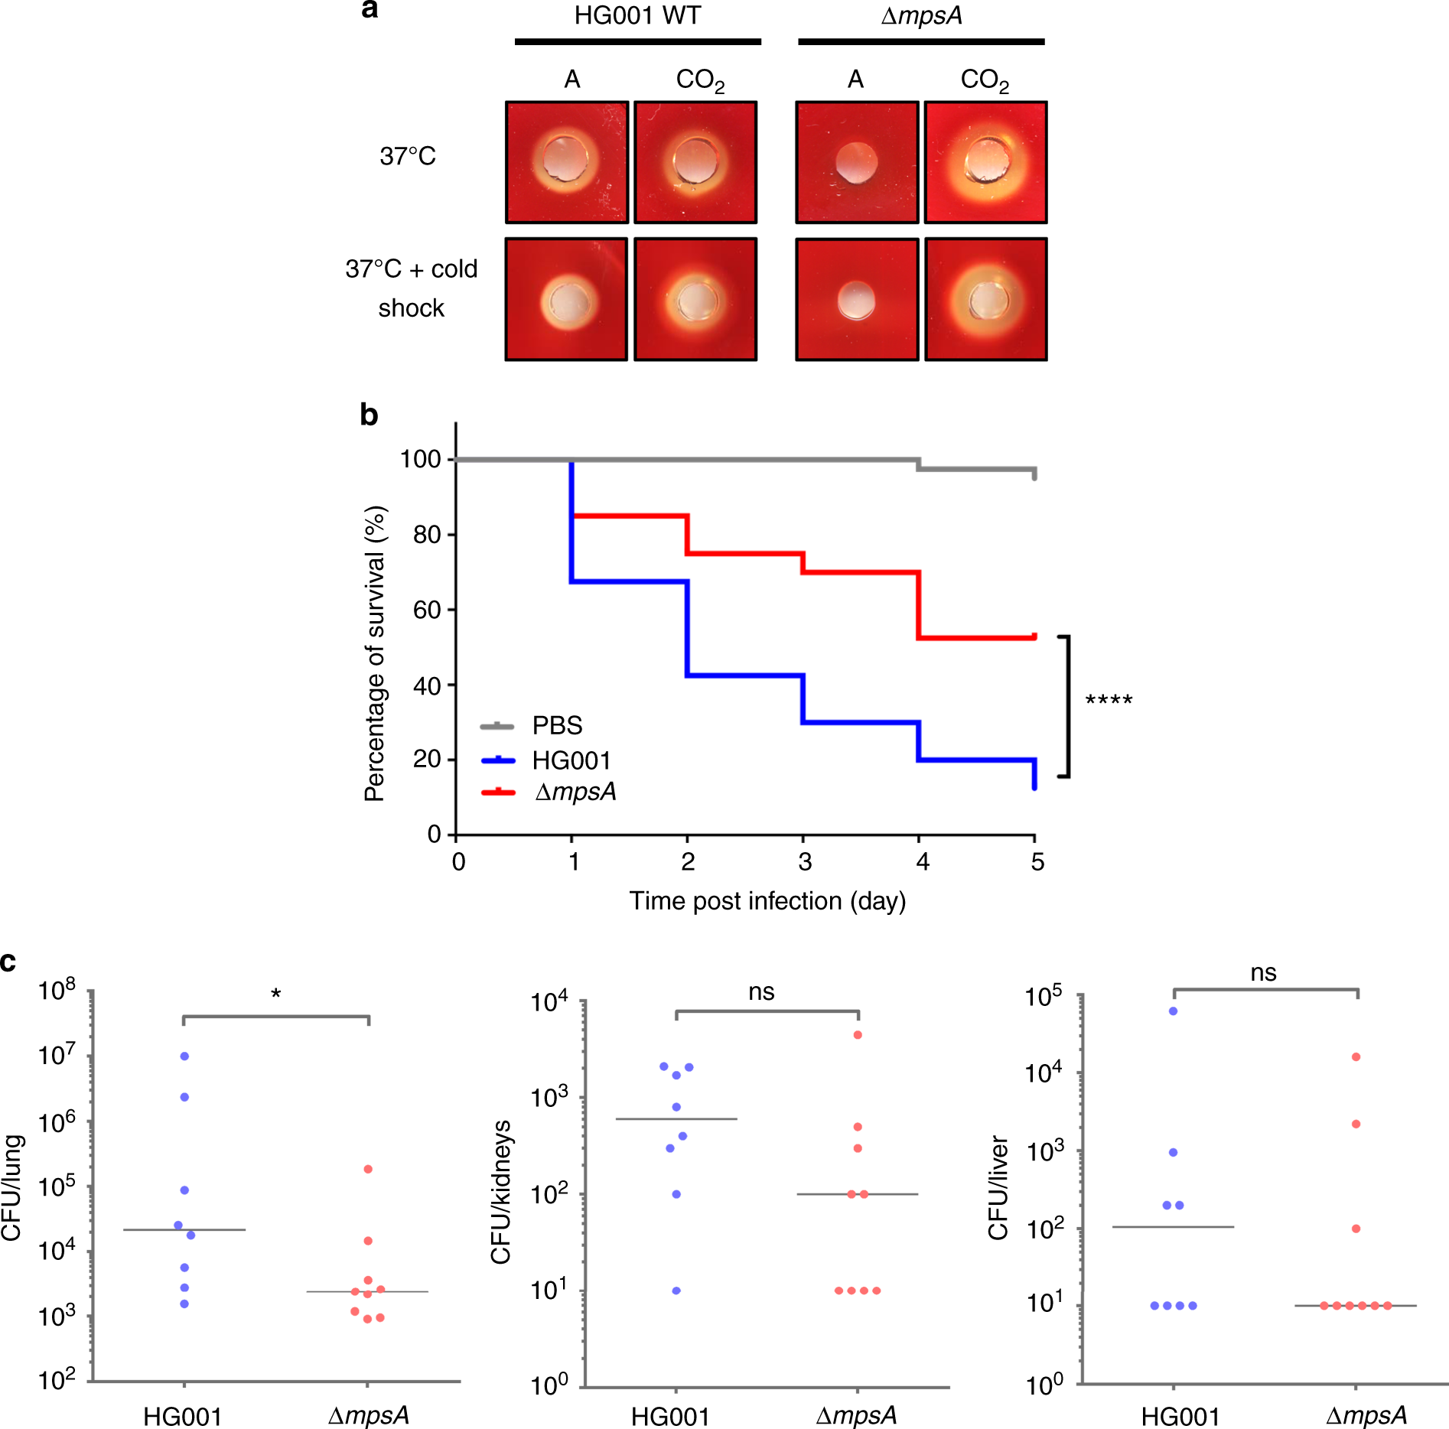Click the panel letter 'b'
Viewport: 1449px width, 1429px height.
pyautogui.click(x=369, y=415)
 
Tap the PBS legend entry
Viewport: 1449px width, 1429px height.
pyautogui.click(x=556, y=725)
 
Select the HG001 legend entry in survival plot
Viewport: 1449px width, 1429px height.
pyautogui.click(x=571, y=760)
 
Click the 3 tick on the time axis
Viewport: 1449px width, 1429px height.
pyautogui.click(x=804, y=862)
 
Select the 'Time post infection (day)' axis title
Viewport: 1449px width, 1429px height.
pyautogui.click(x=767, y=901)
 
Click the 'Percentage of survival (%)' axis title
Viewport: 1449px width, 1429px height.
pyautogui.click(x=375, y=653)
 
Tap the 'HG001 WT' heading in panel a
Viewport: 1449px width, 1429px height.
pyautogui.click(x=637, y=16)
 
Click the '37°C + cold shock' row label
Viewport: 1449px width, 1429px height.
pyautogui.click(x=412, y=288)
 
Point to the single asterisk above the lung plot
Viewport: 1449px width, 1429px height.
pyautogui.click(x=276, y=994)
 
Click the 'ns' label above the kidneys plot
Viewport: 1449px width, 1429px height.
pyautogui.click(x=761, y=992)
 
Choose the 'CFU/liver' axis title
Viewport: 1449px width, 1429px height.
pyautogui.click(x=998, y=1187)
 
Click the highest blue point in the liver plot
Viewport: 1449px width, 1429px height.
pyautogui.click(x=1173, y=1011)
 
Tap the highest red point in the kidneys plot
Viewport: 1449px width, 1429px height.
pyautogui.click(x=858, y=1035)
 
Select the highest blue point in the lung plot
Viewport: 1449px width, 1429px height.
pyautogui.click(x=184, y=1056)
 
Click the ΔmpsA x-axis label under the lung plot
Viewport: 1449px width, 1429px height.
pyautogui.click(x=369, y=1416)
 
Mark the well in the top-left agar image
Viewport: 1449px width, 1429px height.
pyautogui.click(x=565, y=160)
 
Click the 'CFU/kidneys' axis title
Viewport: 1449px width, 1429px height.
pyautogui.click(x=501, y=1192)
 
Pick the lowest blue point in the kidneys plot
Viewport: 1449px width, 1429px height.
pyautogui.click(x=676, y=1291)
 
